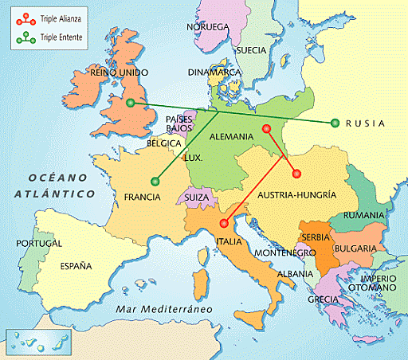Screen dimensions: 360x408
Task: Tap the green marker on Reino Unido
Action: coord(129,103)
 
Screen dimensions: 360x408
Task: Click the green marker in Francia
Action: coord(154,181)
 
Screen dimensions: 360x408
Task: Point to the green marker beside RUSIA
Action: coord(335,123)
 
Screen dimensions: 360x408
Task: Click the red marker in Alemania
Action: coord(266,128)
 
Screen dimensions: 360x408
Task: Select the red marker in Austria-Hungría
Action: coord(296,174)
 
